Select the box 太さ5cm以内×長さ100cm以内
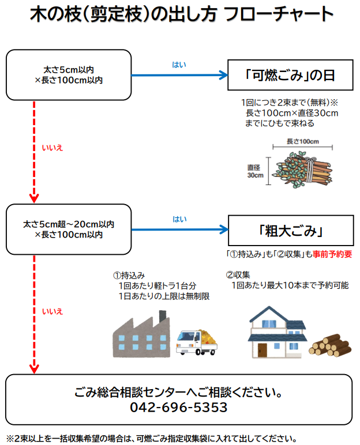(x=69, y=75)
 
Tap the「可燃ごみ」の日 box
(x=290, y=75)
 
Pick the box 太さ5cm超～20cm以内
(x=69, y=229)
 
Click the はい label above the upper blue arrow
(x=179, y=65)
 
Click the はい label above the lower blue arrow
(x=179, y=219)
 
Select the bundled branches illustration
(x=304, y=168)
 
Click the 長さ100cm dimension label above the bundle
(x=302, y=142)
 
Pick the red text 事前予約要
(x=332, y=254)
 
